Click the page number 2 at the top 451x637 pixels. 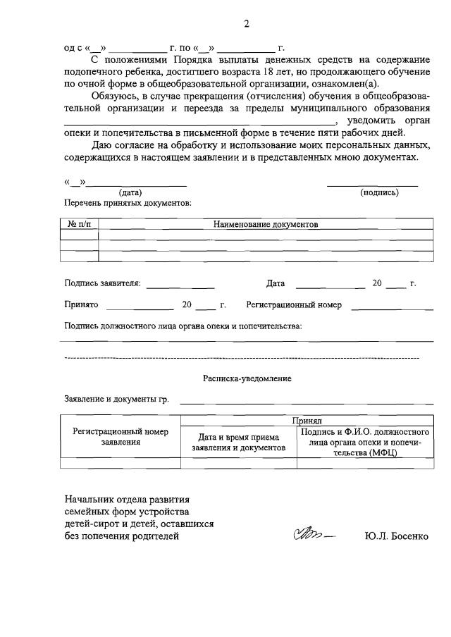[x=247, y=24]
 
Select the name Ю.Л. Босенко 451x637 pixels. [x=397, y=536]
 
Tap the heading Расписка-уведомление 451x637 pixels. [x=247, y=378]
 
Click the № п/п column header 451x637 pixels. [x=79, y=223]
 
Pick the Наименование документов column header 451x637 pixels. [x=266, y=223]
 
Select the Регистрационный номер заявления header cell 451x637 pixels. [x=121, y=437]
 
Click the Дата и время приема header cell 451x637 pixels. [x=239, y=442]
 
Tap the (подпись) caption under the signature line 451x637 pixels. [x=379, y=192]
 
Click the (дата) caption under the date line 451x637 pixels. [x=130, y=192]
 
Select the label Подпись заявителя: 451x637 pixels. [x=102, y=283]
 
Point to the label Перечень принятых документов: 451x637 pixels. [x=128, y=202]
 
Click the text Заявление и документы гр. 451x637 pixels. [x=116, y=399]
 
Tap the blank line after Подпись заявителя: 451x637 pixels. [x=180, y=285]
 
